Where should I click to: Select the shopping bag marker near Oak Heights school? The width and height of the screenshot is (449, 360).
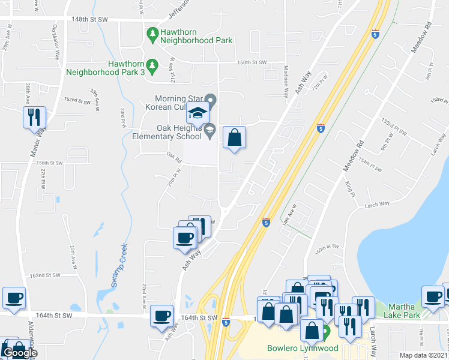(235, 137)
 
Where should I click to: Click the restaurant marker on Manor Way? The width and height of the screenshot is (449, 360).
(34, 117)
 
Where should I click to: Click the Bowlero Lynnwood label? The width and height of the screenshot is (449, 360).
(303, 348)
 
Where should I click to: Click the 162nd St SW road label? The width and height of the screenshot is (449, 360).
(46, 275)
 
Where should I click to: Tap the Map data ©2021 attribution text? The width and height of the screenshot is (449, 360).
(423, 355)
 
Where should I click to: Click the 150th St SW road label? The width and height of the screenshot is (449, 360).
(251, 62)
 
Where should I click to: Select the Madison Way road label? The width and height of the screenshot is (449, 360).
(286, 77)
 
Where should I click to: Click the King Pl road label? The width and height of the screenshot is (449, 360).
(351, 188)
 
